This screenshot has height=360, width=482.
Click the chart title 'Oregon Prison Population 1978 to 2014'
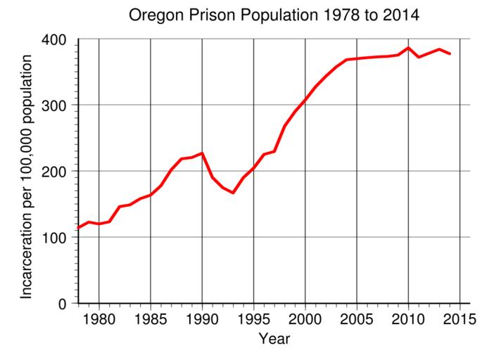point(274,15)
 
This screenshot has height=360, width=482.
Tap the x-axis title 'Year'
point(274,340)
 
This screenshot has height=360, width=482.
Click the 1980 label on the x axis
point(99,319)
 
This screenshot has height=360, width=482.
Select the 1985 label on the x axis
point(151,319)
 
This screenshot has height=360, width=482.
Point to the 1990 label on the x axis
point(202,319)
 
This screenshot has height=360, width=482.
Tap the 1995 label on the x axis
point(253,319)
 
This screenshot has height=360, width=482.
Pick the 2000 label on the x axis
point(305,319)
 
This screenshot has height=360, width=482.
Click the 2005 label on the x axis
point(357,319)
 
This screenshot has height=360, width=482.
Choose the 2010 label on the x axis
point(408,319)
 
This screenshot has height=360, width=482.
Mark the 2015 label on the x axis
point(459,319)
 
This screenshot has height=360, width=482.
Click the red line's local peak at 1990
point(202,153)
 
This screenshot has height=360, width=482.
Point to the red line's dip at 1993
point(233,193)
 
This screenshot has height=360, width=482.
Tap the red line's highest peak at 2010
point(408,48)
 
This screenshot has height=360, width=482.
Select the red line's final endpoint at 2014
point(450,54)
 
